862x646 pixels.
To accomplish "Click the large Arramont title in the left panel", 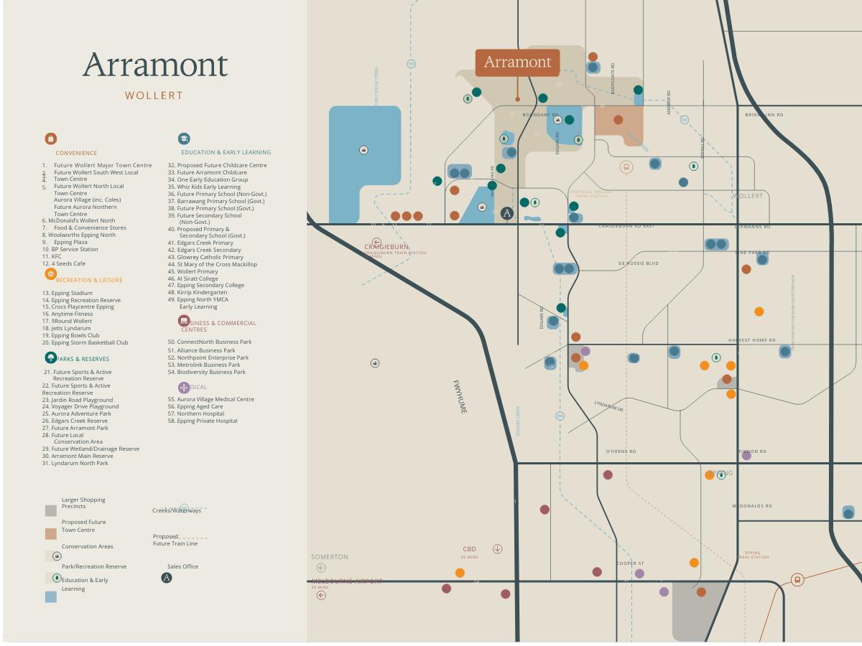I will click(155, 65).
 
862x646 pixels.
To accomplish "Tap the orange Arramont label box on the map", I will click(517, 62).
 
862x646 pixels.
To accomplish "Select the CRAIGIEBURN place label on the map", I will click(386, 247).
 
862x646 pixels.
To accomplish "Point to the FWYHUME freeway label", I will click(460, 396).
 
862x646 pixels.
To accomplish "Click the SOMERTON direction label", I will click(330, 557).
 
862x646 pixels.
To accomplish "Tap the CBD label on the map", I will click(469, 549).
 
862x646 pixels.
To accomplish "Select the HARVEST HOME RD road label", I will click(751, 340).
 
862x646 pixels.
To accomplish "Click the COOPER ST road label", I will click(630, 563).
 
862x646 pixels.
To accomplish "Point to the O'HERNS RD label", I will click(621, 451).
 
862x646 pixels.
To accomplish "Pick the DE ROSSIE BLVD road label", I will click(638, 263).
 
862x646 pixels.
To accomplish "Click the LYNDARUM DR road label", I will click(608, 406).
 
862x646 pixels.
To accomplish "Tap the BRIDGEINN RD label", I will click(764, 115).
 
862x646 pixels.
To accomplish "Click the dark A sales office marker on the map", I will click(507, 213).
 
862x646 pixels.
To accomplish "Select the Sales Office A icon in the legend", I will click(167, 578).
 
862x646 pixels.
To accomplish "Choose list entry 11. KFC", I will click(52, 256).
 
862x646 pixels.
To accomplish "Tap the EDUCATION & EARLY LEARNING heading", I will click(226, 152).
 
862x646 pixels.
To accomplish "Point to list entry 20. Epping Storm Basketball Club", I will click(85, 342).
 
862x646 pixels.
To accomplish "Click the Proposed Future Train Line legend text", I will click(175, 540).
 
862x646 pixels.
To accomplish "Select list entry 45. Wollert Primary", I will click(193, 271).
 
